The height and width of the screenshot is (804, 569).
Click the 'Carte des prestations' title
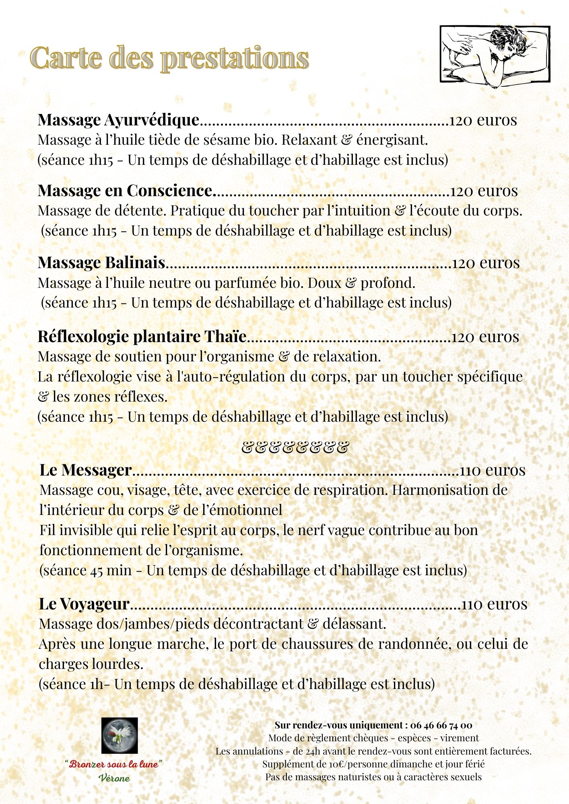coord(169,57)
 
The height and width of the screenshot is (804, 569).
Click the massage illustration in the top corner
coord(495,54)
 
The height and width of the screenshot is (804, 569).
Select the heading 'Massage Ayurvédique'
coord(118,120)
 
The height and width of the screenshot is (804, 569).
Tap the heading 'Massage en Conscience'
coord(125,191)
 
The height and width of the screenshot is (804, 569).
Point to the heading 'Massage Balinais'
coord(101,263)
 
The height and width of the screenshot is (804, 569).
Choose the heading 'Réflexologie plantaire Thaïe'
coord(142,336)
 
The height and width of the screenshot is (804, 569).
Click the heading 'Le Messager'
coord(86,470)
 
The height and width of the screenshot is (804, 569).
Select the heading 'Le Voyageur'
coord(84,604)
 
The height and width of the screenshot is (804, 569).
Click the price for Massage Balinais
coord(486,263)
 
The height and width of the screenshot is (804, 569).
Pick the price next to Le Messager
coord(492,470)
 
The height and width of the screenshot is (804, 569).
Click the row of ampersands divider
coord(294,447)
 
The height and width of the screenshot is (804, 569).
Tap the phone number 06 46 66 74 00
coord(441,725)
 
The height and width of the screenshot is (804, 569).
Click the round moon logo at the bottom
coord(119,736)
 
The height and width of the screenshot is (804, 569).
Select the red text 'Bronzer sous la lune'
coord(114,764)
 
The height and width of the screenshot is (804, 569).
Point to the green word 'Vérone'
coord(114,778)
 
